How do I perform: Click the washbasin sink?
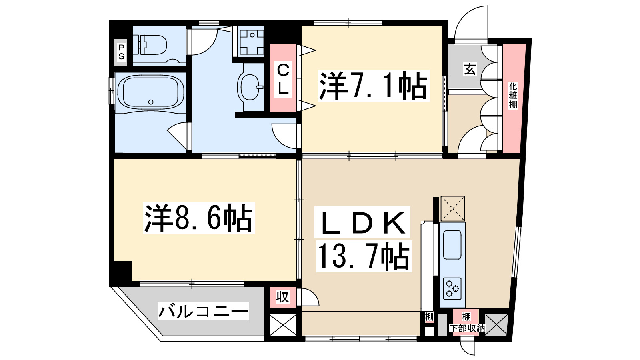pyautogui.click(x=250, y=86)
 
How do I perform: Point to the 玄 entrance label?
pyautogui.click(x=470, y=69)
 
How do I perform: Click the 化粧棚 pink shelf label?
pyautogui.click(x=513, y=96)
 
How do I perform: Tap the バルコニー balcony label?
pyautogui.click(x=203, y=311)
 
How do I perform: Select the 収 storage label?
pyautogui.click(x=282, y=297)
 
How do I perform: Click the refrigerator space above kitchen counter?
pyautogui.click(x=452, y=208)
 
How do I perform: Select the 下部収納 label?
pyautogui.click(x=467, y=329)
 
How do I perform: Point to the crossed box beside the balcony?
pyautogui.click(x=283, y=325)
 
